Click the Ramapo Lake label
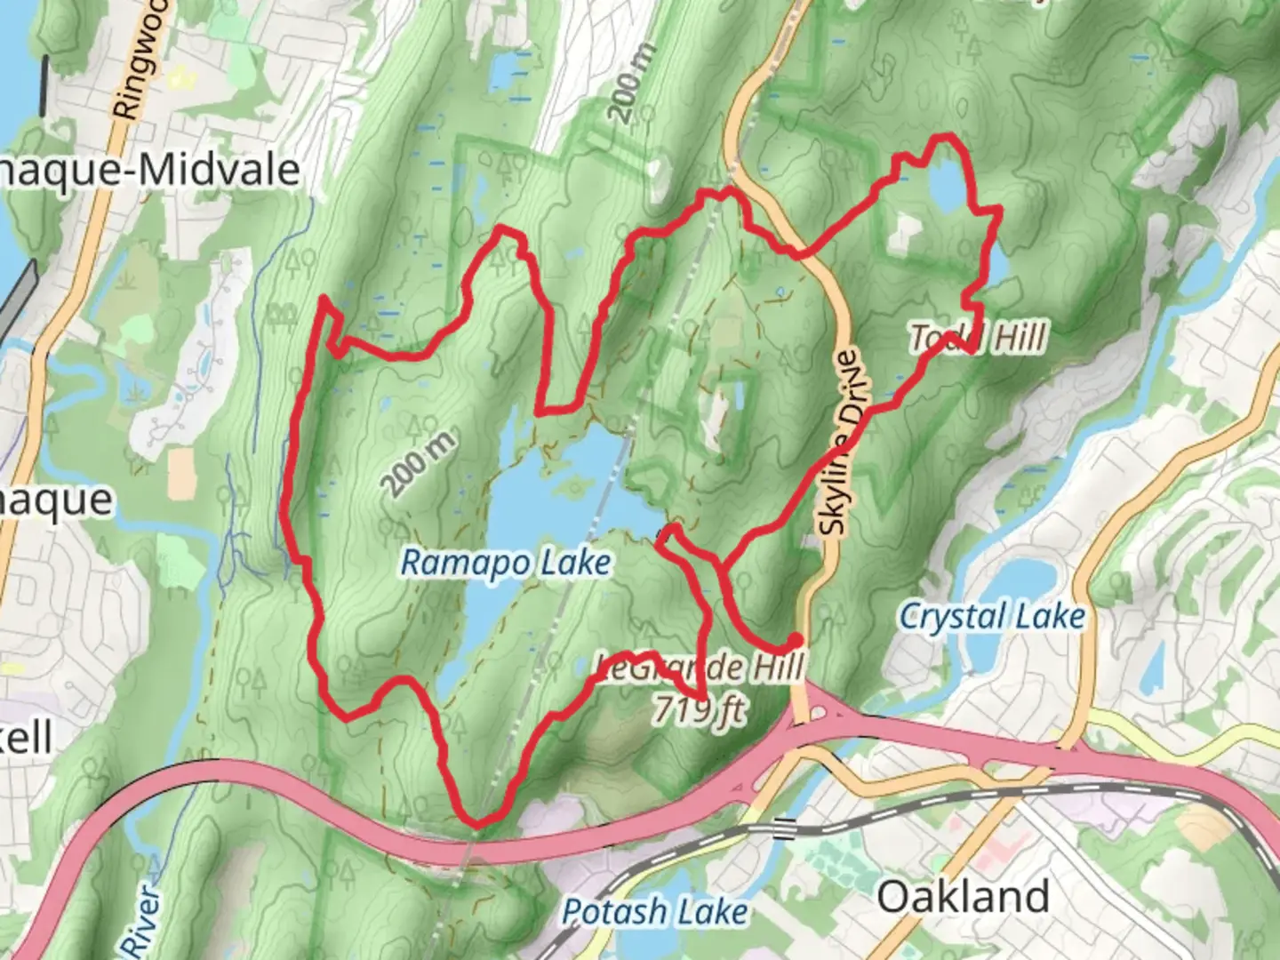(x=506, y=562)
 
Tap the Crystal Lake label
(x=992, y=616)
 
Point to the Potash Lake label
(x=655, y=911)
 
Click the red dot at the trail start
(x=795, y=640)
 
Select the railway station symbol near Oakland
(x=783, y=828)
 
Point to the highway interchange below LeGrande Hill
(x=813, y=711)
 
